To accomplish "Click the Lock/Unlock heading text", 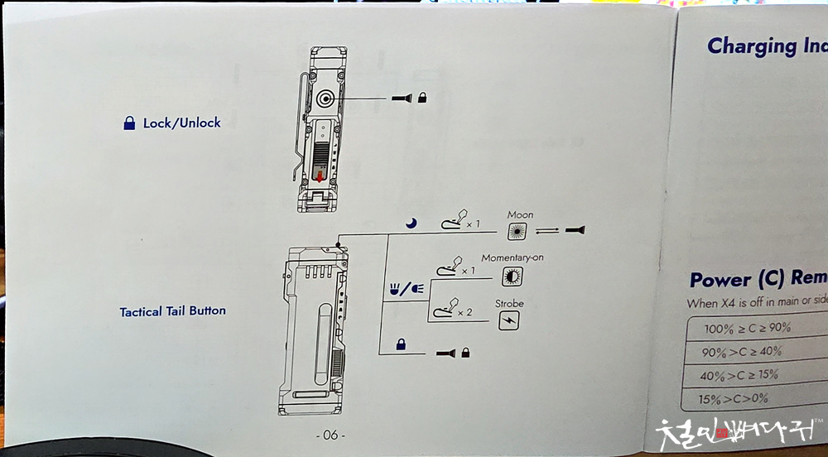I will (181, 123).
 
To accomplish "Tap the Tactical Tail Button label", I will (172, 312).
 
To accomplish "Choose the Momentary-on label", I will (513, 258).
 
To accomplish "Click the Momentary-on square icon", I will (512, 277).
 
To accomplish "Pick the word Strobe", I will (509, 304).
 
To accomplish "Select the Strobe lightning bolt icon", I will (509, 321).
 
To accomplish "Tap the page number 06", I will (330, 435).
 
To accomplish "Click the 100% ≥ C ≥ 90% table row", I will (747, 328).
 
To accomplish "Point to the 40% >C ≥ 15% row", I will (740, 374).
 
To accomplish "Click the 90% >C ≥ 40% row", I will (742, 351).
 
